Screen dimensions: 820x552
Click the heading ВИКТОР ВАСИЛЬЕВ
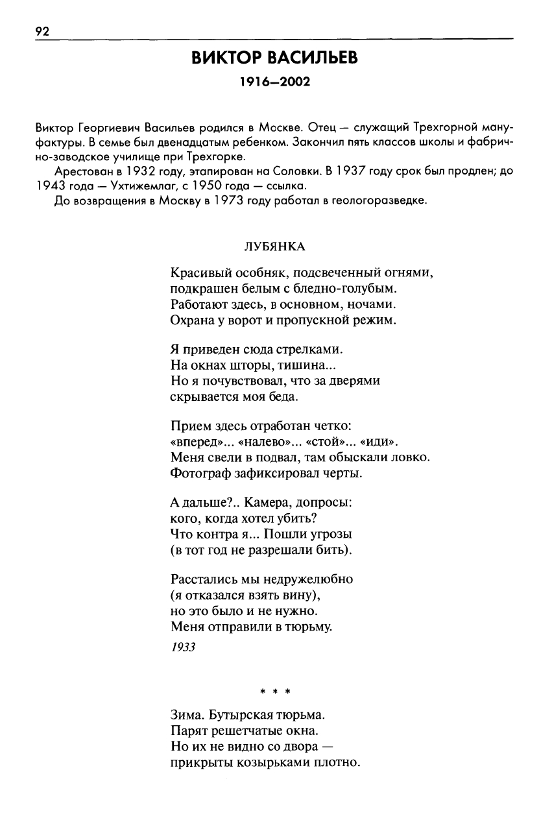275,58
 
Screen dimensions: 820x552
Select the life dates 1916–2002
275,82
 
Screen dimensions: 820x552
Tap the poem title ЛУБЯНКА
274,247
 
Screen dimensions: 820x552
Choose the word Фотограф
197,473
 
